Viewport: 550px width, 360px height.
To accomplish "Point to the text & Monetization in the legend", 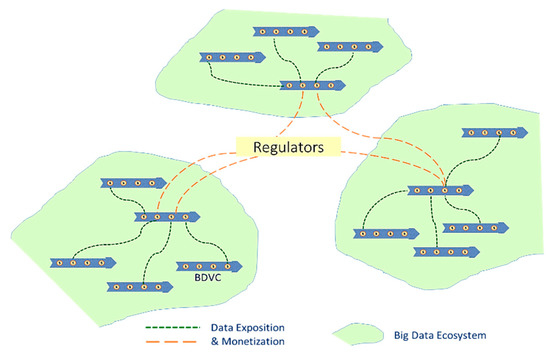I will (x=250, y=342).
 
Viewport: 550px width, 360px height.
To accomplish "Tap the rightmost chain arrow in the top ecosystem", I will (x=349, y=47).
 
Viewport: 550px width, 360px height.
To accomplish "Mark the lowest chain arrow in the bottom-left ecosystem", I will (x=142, y=286).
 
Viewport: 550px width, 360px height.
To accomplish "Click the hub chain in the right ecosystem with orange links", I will (x=441, y=189).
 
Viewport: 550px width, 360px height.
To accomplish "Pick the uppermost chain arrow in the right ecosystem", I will (x=491, y=132).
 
